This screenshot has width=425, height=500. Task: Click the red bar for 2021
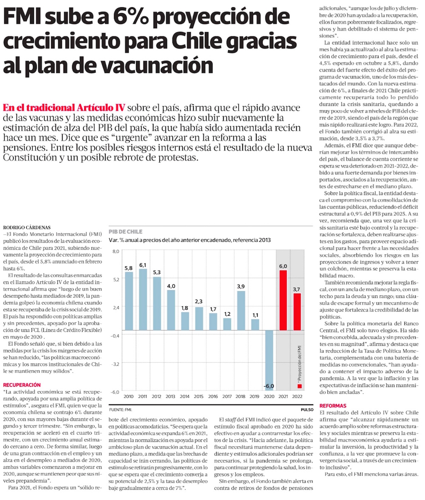click(283, 300)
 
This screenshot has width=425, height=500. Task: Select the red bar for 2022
click(297, 311)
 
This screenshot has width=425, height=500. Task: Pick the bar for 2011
click(143, 299)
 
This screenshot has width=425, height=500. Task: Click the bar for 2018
click(241, 310)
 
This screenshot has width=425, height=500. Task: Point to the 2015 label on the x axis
click(199, 397)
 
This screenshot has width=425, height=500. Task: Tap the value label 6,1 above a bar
click(143, 265)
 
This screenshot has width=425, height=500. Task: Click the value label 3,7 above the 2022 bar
click(297, 289)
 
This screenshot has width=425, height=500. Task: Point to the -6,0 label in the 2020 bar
click(269, 386)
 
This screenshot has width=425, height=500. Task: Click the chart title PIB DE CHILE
click(125, 232)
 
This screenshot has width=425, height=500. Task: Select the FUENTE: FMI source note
click(121, 410)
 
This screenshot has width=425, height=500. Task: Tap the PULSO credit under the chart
click(306, 410)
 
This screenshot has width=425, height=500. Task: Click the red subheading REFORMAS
click(333, 406)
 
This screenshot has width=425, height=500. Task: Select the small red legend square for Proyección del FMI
click(299, 386)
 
